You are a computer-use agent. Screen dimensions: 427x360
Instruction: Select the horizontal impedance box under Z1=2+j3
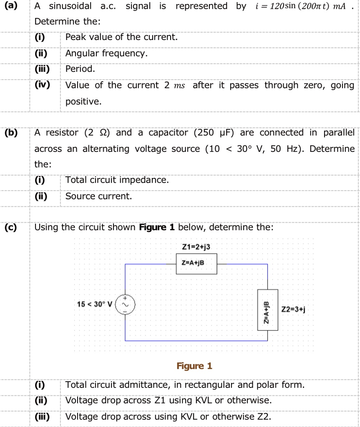196,263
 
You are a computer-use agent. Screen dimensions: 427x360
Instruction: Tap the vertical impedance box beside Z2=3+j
267,309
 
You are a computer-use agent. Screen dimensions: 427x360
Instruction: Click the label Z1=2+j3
196,248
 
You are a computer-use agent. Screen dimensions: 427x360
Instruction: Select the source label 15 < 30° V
95,304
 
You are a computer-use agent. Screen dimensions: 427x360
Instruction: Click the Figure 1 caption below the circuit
194,366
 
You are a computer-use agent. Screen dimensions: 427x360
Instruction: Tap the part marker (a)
11,6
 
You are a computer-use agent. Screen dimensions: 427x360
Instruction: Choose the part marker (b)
11,133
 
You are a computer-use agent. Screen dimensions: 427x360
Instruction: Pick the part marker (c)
11,228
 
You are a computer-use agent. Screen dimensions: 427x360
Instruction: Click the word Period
81,69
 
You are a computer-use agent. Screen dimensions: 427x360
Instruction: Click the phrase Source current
98,196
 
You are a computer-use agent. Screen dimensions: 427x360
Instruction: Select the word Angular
82,53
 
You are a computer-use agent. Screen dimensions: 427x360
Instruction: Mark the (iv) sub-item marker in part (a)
43,85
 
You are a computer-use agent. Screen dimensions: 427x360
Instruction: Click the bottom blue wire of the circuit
196,341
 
